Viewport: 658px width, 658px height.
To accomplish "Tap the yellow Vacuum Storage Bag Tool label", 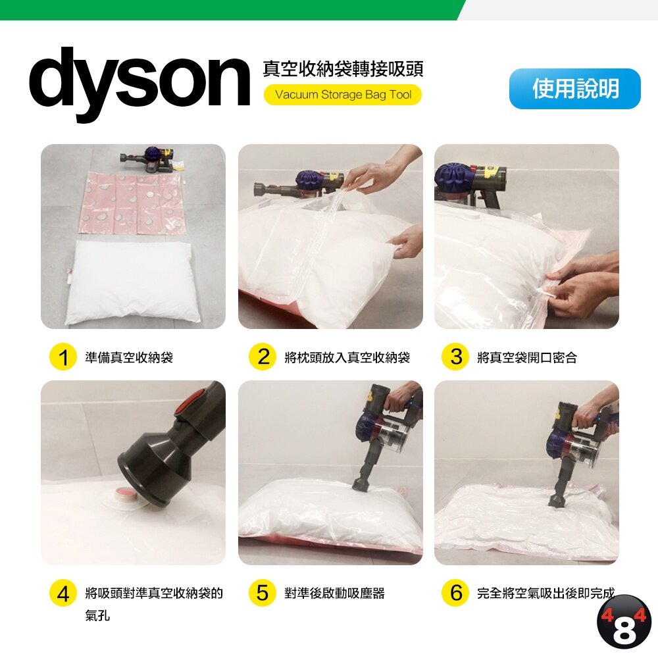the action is pyautogui.click(x=342, y=95).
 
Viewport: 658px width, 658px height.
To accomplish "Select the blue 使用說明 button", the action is pyautogui.click(x=575, y=89).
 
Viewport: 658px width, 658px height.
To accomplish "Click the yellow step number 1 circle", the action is pyautogui.click(x=63, y=357).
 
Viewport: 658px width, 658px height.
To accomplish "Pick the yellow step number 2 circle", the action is pyautogui.click(x=263, y=357).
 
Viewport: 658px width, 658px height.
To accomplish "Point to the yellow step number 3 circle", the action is pyautogui.click(x=455, y=357).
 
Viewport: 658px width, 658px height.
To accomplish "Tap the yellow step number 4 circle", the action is pyautogui.click(x=63, y=594).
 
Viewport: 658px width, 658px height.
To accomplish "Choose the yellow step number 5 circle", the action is pyautogui.click(x=263, y=594).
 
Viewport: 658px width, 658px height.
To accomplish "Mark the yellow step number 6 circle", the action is pyautogui.click(x=455, y=594).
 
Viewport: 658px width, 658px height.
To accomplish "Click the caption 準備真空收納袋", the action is pyautogui.click(x=129, y=357).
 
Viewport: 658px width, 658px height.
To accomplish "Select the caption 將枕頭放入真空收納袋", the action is pyautogui.click(x=347, y=357).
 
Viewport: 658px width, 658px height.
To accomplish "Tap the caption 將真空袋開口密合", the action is pyautogui.click(x=527, y=357).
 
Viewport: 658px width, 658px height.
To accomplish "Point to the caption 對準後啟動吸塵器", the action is pyautogui.click(x=334, y=594).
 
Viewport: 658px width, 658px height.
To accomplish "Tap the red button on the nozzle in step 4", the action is pyautogui.click(x=195, y=404).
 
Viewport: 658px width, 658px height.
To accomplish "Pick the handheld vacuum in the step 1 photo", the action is pyautogui.click(x=147, y=159).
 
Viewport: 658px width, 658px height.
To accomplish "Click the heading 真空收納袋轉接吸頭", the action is pyautogui.click(x=343, y=69).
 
